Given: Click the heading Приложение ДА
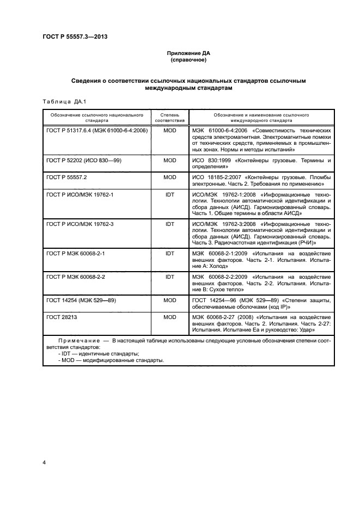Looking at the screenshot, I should pyautogui.click(x=188, y=53).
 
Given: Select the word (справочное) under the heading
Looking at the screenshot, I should pyautogui.click(x=188, y=60).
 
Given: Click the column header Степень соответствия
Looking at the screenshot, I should pyautogui.click(x=169, y=118).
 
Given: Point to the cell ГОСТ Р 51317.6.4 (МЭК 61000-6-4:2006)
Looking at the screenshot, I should pyautogui.click(x=97, y=131).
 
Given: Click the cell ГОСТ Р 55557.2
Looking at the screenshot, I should pyautogui.click(x=67, y=177).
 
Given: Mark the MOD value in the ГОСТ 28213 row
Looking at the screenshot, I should pyautogui.click(x=169, y=316).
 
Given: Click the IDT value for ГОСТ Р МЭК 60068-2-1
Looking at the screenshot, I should pyautogui.click(x=169, y=254).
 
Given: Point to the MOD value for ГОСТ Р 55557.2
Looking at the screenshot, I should pyautogui.click(x=169, y=177).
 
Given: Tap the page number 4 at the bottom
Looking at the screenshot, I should pyautogui.click(x=44, y=462).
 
